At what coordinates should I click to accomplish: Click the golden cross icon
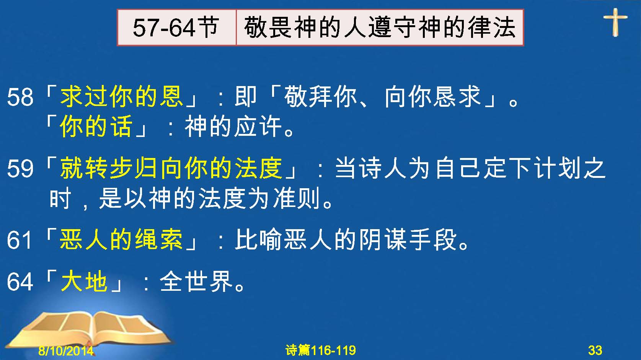[x=615, y=22]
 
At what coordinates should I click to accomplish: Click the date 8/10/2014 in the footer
[x=66, y=350]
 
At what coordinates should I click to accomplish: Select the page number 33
[x=595, y=350]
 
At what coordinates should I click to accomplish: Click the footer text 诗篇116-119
[x=321, y=350]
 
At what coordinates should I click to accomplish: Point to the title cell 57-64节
[x=176, y=28]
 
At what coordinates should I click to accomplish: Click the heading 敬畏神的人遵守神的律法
[x=380, y=28]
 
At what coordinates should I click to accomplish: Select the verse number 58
[x=20, y=97]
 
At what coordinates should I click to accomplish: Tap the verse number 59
[x=20, y=168]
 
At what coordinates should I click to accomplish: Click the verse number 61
[x=20, y=240]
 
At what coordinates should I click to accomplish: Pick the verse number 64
[x=20, y=282]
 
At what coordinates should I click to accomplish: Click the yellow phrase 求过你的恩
[x=121, y=96]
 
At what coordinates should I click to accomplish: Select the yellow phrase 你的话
[x=96, y=126]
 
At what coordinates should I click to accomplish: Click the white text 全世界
[x=196, y=282]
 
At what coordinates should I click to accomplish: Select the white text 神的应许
[x=233, y=126]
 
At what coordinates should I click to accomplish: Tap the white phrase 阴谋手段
[x=408, y=239]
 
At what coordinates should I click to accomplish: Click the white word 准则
[x=297, y=198]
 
